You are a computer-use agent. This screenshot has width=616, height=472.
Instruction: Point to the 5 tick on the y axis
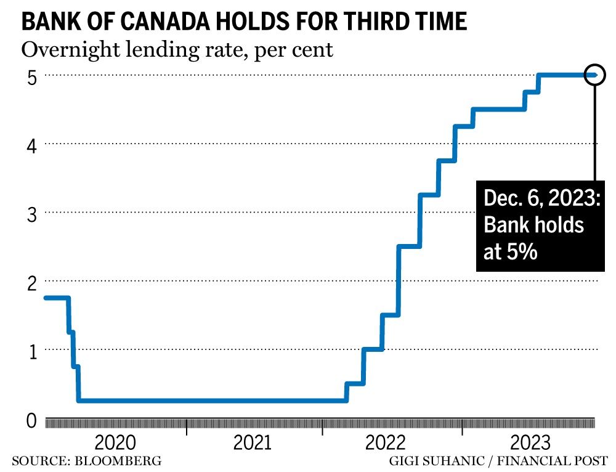(x=32, y=77)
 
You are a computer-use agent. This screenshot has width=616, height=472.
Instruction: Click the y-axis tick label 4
(x=32, y=145)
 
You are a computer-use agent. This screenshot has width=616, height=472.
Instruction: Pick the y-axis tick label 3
(x=32, y=214)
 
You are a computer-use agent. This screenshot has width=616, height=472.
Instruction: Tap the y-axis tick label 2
(x=32, y=282)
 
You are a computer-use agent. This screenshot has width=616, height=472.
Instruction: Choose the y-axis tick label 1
(x=32, y=351)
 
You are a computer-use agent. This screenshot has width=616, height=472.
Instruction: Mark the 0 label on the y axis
(x=32, y=421)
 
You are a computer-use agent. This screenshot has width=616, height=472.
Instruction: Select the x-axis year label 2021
(x=253, y=443)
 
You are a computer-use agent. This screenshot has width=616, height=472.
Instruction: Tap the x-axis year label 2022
(x=388, y=443)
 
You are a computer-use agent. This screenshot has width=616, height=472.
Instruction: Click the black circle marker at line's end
(x=595, y=75)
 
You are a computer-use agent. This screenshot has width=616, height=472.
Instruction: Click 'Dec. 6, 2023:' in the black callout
(x=541, y=199)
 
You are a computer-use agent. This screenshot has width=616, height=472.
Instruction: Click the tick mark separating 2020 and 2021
(x=187, y=426)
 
